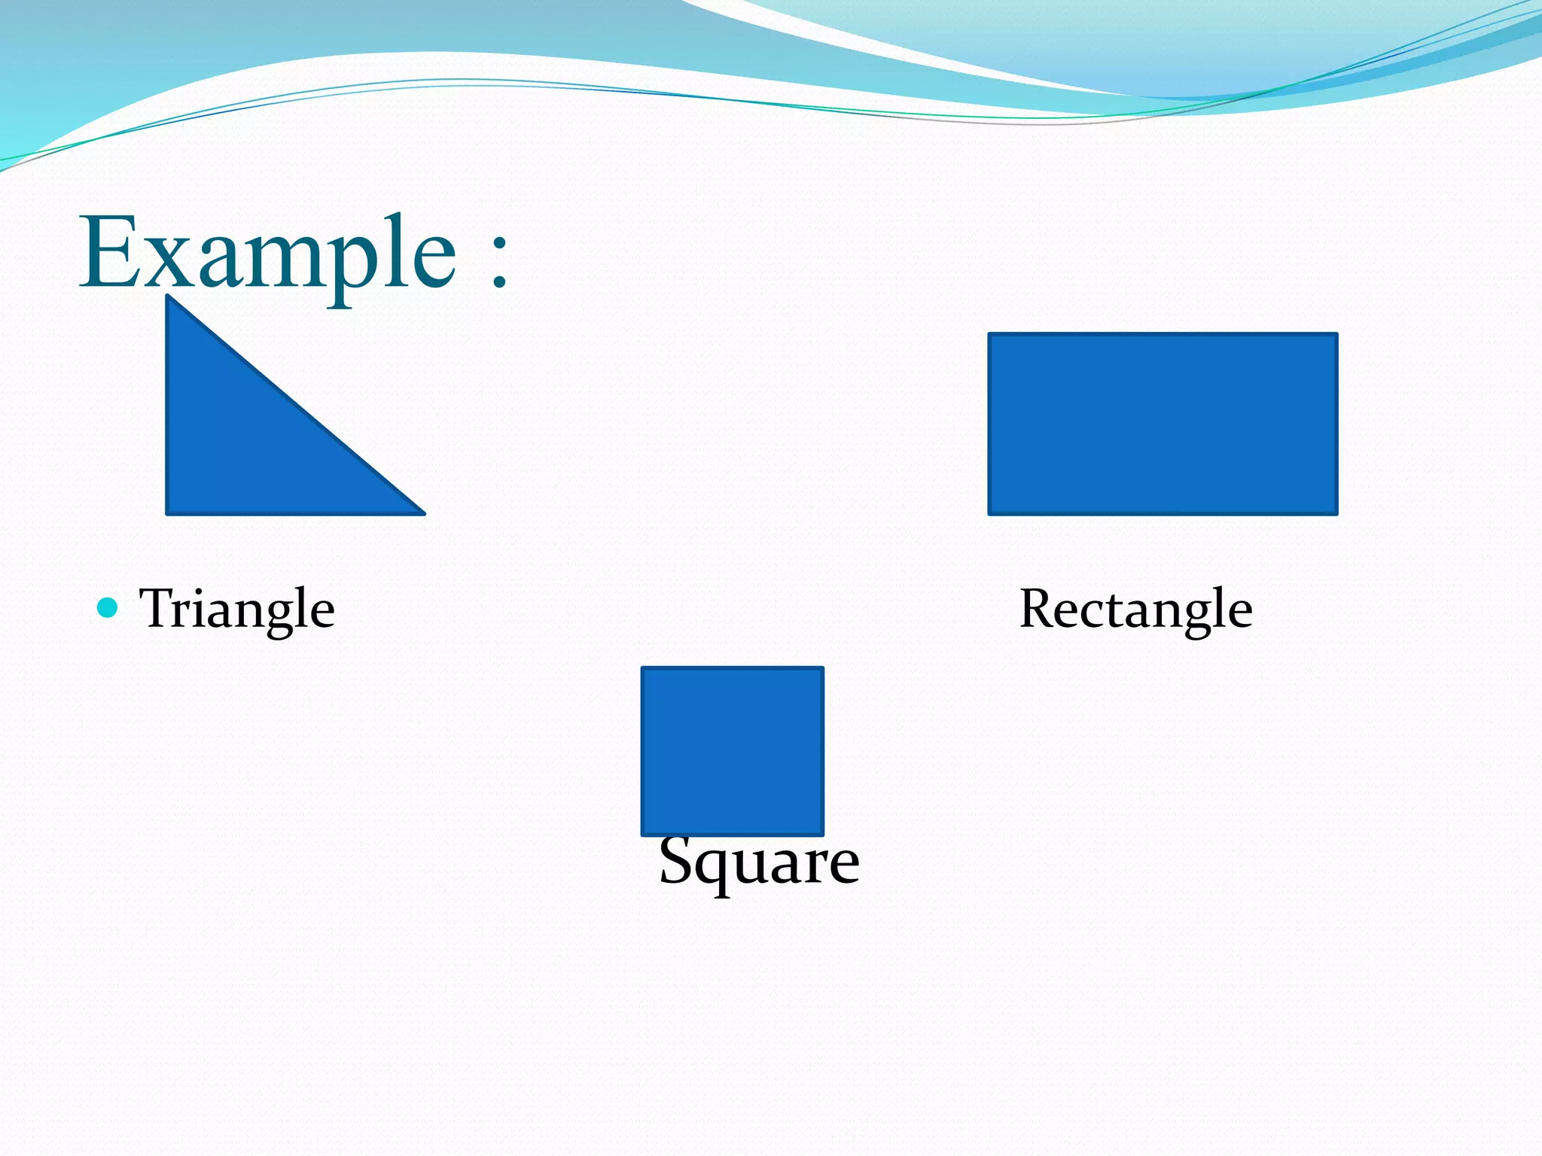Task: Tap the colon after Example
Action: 498,260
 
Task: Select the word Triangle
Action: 237,608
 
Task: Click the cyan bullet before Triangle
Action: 108,607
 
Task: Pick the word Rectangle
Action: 1135,608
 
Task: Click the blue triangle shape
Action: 248,444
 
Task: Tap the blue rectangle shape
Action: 1163,424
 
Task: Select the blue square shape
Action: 732,751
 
